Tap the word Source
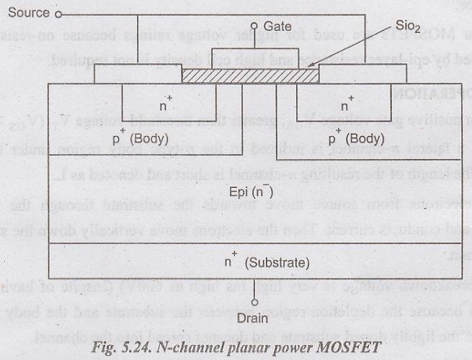tap(28, 13)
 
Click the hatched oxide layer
tap(248, 75)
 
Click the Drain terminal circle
tap(254, 302)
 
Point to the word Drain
tap(254, 317)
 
